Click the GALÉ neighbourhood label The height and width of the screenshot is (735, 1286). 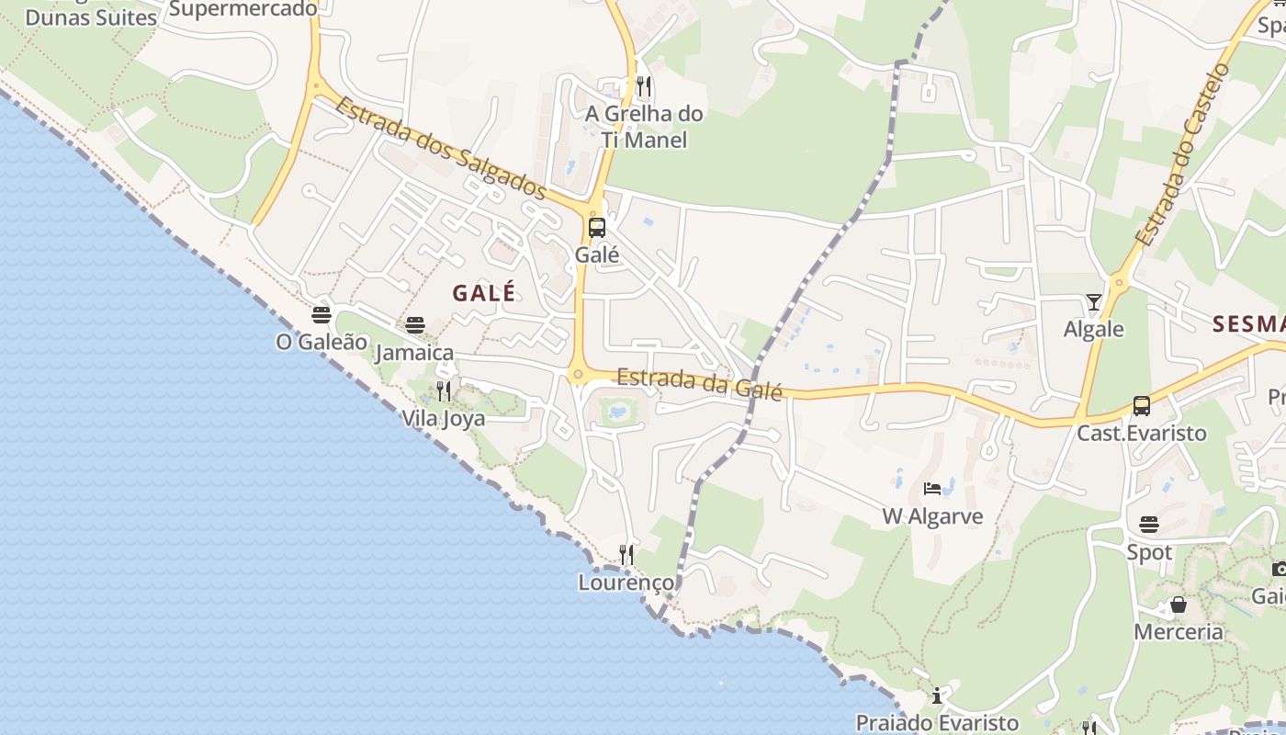pyautogui.click(x=484, y=293)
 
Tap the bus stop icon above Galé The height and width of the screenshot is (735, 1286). pyautogui.click(x=597, y=227)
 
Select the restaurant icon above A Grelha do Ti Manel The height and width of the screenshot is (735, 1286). pyautogui.click(x=644, y=87)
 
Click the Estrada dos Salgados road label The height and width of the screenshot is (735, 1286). pyautogui.click(x=441, y=147)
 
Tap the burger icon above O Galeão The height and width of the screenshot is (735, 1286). pyautogui.click(x=321, y=315)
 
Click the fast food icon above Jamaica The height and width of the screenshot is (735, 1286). pyautogui.click(x=415, y=324)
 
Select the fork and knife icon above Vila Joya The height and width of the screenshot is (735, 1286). pyautogui.click(x=444, y=391)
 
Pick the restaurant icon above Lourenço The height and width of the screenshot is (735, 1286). pyautogui.click(x=626, y=554)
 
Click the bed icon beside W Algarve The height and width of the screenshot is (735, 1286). pyautogui.click(x=932, y=489)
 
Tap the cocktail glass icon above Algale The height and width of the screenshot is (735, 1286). pyautogui.click(x=1093, y=302)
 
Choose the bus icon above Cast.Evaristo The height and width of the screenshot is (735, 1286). pyautogui.click(x=1142, y=405)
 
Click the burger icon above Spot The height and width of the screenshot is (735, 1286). pyautogui.click(x=1149, y=525)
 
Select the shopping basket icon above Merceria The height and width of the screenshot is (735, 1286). pyautogui.click(x=1179, y=605)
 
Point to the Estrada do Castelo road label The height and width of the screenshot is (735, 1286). pyautogui.click(x=1181, y=154)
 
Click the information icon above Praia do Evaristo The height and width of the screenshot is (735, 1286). pyautogui.click(x=937, y=695)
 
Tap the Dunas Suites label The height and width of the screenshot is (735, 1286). pyautogui.click(x=91, y=17)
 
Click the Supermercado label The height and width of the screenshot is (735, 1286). pyautogui.click(x=243, y=8)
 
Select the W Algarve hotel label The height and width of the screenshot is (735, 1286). pyautogui.click(x=932, y=516)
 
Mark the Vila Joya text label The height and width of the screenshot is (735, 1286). pyautogui.click(x=443, y=418)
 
